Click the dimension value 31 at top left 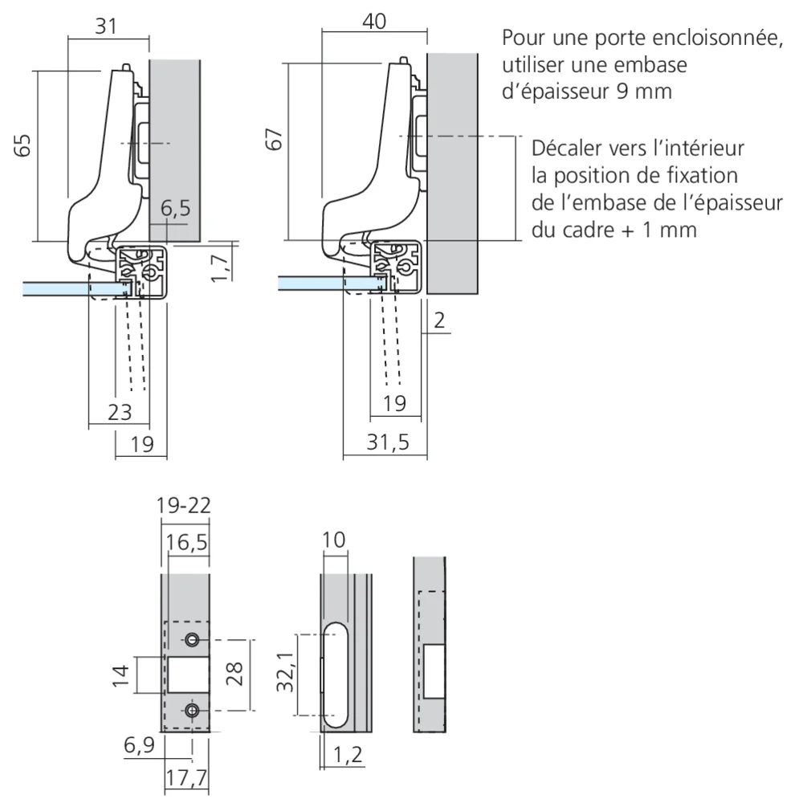click(x=106, y=26)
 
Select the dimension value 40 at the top click(x=374, y=22)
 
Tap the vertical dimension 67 click(x=275, y=139)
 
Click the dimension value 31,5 click(x=383, y=444)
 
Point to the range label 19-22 click(x=184, y=507)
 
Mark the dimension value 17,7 click(x=186, y=778)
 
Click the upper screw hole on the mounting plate click(x=192, y=640)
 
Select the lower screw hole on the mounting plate click(x=192, y=711)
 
